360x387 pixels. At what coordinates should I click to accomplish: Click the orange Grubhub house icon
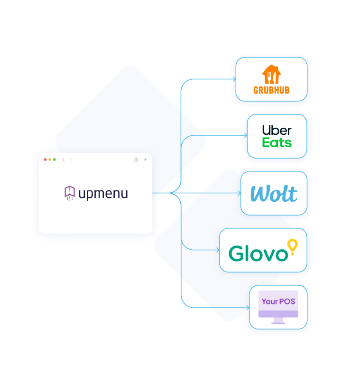click(271, 74)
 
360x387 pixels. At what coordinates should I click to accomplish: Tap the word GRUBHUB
click(271, 90)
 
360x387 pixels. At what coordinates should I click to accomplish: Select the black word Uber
click(277, 130)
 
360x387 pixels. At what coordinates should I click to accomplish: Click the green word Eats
click(277, 142)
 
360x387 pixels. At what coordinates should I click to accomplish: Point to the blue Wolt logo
click(274, 193)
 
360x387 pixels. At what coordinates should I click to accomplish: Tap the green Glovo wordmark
click(258, 253)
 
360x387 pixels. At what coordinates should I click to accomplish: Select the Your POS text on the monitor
click(278, 302)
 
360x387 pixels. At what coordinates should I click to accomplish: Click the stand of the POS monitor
click(278, 321)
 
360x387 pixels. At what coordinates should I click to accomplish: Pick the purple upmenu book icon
click(70, 193)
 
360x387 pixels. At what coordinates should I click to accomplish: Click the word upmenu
click(103, 194)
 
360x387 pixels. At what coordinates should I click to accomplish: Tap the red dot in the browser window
click(45, 160)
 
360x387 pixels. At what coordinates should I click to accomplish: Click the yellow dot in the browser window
click(50, 160)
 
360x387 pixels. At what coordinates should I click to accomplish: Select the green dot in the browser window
click(55, 160)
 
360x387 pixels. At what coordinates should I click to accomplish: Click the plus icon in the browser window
click(145, 160)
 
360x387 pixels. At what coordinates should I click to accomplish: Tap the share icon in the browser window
click(136, 160)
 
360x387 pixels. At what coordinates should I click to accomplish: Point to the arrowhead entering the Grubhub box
click(234, 79)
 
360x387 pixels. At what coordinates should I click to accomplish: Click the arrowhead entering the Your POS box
click(248, 308)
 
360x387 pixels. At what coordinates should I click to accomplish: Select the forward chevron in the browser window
click(71, 160)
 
